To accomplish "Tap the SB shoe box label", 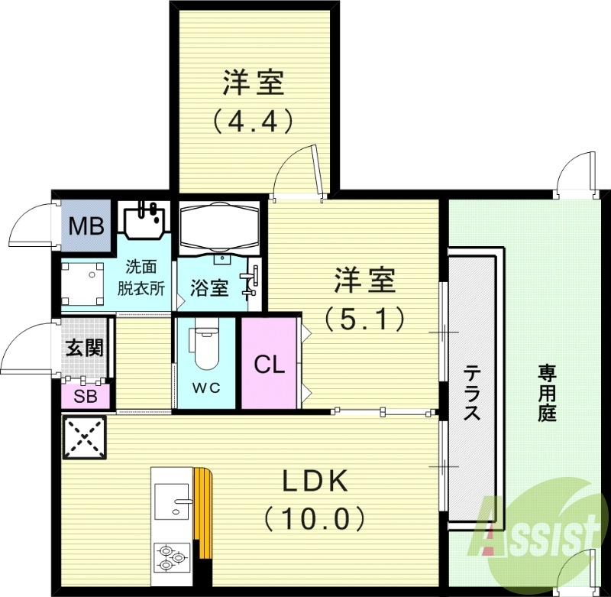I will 85,396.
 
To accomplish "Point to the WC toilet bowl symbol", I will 205,349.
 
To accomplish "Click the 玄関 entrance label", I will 84,348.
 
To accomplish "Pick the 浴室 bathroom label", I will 209,288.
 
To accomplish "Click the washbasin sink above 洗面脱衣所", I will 143,221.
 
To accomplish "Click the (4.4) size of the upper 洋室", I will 253,121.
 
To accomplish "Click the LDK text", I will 316,482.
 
